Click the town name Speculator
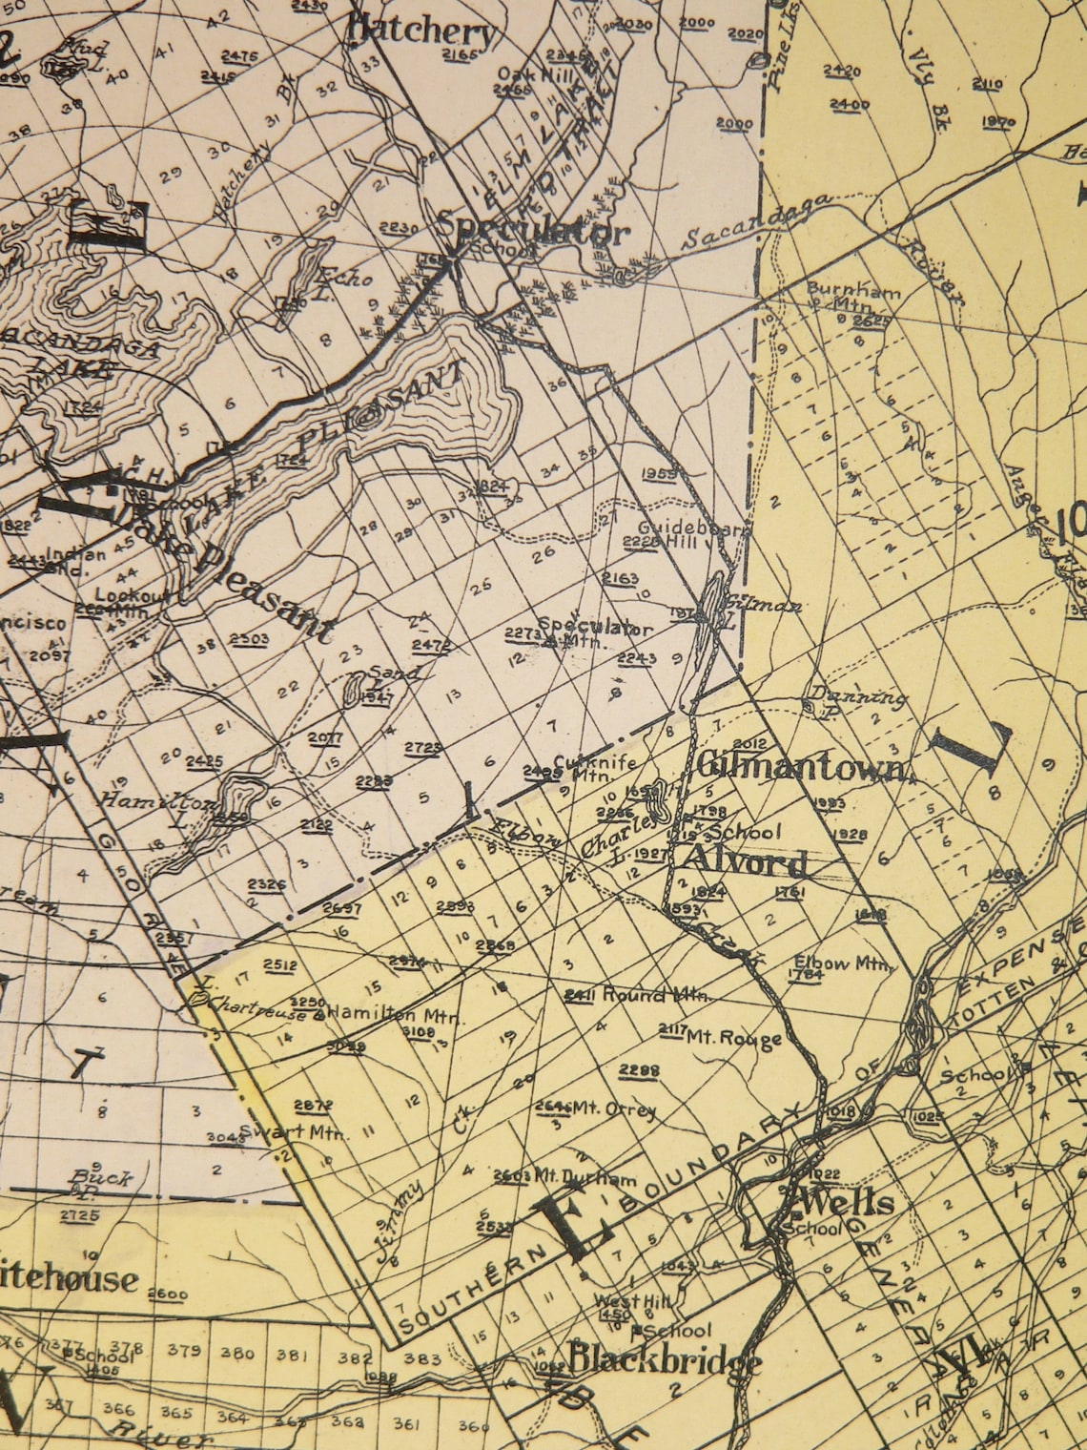tap(534, 230)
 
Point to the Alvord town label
tap(744, 861)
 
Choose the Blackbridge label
tap(665, 1358)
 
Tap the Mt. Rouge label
tap(734, 1037)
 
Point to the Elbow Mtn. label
tap(857, 963)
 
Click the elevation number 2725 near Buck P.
tap(78, 1214)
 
